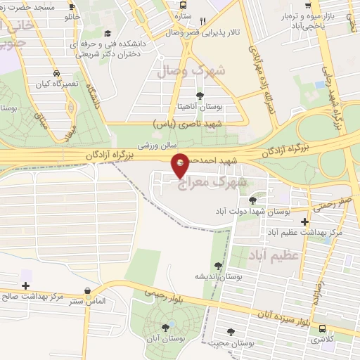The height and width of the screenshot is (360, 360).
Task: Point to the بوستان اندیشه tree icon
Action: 219,265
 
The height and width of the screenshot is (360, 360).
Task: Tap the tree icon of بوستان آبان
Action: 167,326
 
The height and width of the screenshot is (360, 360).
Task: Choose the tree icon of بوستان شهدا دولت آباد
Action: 252,200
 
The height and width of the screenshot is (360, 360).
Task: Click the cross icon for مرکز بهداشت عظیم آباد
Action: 304,221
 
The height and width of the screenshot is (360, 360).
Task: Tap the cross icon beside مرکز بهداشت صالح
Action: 26,285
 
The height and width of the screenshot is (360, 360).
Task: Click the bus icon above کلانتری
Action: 322,328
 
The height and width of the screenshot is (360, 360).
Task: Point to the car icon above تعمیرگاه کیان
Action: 56,72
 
